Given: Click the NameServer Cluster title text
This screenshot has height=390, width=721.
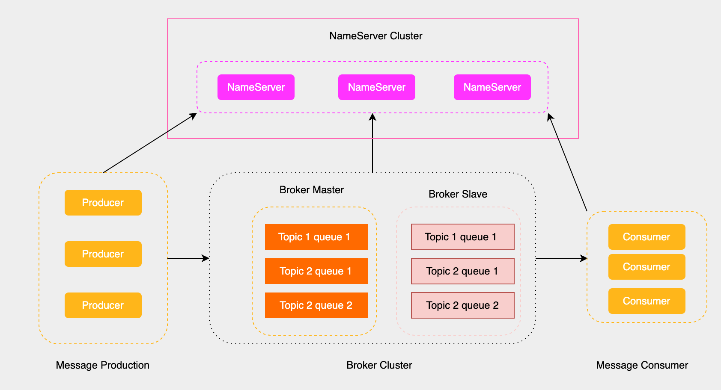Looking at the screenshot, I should [375, 36].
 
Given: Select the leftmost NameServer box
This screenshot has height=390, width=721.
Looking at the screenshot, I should [256, 87].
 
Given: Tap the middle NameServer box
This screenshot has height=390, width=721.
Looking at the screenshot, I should [376, 87].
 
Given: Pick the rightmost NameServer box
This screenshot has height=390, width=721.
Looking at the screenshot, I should [492, 87].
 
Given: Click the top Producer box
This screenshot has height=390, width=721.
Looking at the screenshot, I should [103, 203].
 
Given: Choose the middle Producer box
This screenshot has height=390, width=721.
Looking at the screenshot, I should [103, 254].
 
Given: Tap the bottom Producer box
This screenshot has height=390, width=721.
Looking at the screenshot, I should [103, 305].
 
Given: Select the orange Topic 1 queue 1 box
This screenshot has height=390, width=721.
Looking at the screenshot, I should [316, 237].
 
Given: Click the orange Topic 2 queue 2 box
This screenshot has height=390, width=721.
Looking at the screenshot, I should [316, 305].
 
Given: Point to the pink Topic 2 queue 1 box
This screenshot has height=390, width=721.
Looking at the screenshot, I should [462, 271].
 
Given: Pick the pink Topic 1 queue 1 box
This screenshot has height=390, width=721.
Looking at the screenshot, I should [462, 237].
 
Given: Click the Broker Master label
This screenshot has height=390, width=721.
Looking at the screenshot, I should [311, 190].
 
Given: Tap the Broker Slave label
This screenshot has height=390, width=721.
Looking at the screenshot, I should [458, 194].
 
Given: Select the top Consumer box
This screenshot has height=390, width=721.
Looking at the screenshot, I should [647, 237].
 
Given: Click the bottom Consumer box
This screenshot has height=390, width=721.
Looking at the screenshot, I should [647, 301].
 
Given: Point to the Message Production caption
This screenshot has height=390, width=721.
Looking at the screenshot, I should [102, 365].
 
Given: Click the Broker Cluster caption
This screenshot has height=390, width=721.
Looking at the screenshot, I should [379, 365].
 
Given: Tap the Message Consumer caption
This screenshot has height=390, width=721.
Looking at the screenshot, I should [642, 365].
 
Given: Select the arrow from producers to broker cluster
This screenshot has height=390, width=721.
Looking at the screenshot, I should [188, 258].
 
